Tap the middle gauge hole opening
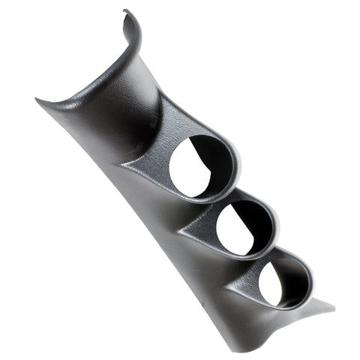238,222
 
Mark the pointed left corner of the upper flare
39,101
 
